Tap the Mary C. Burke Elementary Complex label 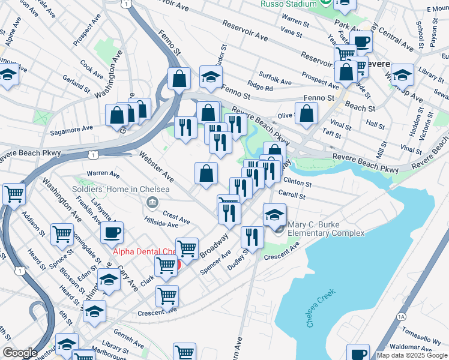326,229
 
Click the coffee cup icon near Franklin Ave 111,232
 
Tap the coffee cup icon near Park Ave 361,41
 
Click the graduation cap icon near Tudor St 211,77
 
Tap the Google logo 20,353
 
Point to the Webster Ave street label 156,167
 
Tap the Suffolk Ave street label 276,82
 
